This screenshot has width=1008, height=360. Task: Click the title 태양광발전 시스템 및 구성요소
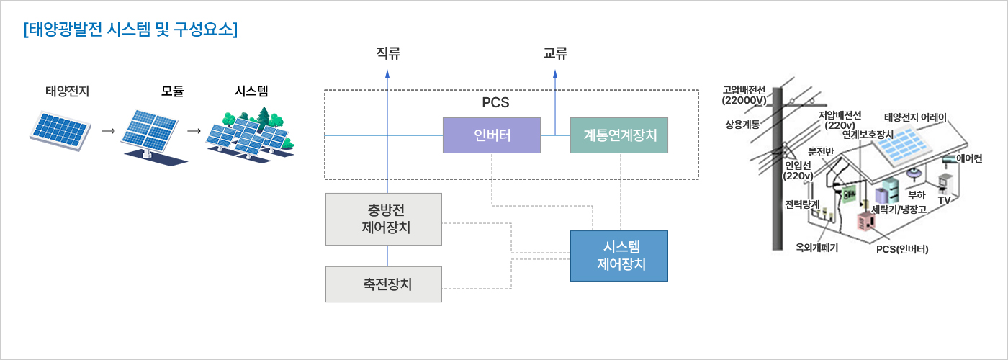130,30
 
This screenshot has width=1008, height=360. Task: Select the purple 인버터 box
491,135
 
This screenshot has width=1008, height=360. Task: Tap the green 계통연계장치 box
619,135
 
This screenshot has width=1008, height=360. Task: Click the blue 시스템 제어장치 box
619,256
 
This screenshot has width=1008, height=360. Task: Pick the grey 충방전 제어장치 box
384,219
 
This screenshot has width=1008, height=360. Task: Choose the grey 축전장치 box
384,284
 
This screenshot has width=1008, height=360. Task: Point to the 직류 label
388,53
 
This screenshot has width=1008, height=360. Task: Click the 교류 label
555,53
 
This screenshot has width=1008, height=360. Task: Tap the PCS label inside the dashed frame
495,102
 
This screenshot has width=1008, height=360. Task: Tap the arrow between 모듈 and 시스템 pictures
193,132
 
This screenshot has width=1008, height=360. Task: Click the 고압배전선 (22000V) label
744,95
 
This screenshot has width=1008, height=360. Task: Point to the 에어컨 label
968,159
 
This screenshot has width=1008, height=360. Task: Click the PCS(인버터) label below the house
902,249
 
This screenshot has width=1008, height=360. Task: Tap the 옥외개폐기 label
816,247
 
